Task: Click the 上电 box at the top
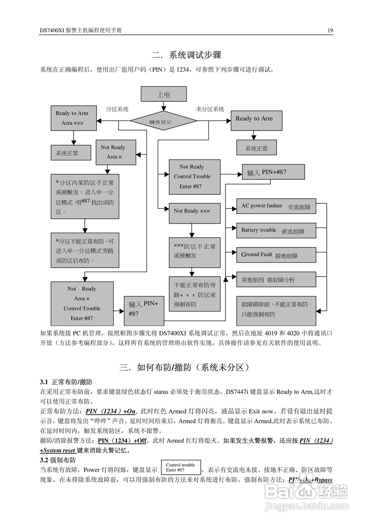(x=163, y=94)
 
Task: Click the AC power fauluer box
(x=276, y=206)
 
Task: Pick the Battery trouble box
(x=276, y=231)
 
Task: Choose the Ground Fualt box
(x=276, y=255)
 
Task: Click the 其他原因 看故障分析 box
(x=276, y=280)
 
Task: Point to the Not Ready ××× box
(x=194, y=211)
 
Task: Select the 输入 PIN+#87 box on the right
(x=273, y=172)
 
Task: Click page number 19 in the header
(x=330, y=30)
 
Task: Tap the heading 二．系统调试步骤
(x=186, y=55)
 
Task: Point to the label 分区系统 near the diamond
(x=117, y=110)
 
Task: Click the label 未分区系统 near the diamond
(x=210, y=110)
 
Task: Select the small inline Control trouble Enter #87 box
(x=181, y=468)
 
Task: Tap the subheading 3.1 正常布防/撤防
(x=66, y=382)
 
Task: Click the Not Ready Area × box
(x=116, y=152)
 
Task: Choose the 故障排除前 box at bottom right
(x=276, y=310)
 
